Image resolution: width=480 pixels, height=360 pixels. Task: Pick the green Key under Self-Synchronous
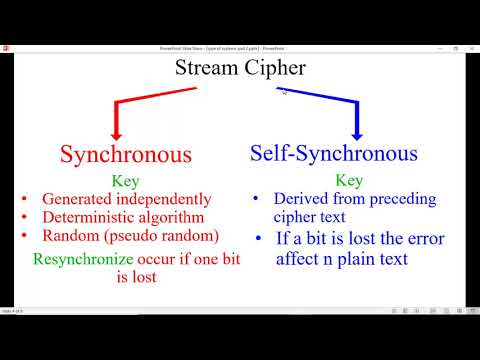coord(349,181)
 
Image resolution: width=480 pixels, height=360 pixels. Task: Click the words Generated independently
coord(126,199)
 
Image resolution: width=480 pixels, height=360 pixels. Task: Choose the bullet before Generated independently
coord(24,199)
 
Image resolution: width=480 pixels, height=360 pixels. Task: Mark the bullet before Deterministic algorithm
coord(24,217)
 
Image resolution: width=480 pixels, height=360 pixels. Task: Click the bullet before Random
coord(24,235)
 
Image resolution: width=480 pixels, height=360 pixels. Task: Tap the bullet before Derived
coord(256,199)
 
